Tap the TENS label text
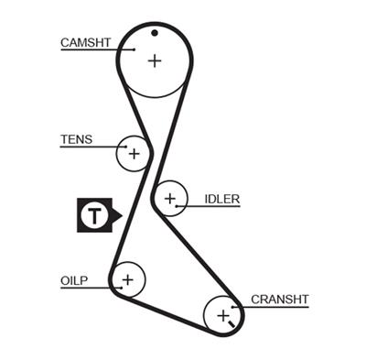pyautogui.click(x=76, y=139)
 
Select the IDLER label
pyautogui.click(x=221, y=198)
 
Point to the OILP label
pyautogui.click(x=76, y=279)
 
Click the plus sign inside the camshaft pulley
pyautogui.click(x=155, y=60)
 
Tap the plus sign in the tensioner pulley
pyautogui.click(x=134, y=153)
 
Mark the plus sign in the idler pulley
pyautogui.click(x=169, y=197)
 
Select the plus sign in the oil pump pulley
pyautogui.click(x=127, y=278)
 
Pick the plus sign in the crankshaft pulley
pyautogui.click(x=222, y=316)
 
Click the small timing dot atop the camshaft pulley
pyautogui.click(x=155, y=34)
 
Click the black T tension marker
pyautogui.click(x=94, y=215)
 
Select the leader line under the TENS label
pyautogui.click(x=87, y=147)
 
